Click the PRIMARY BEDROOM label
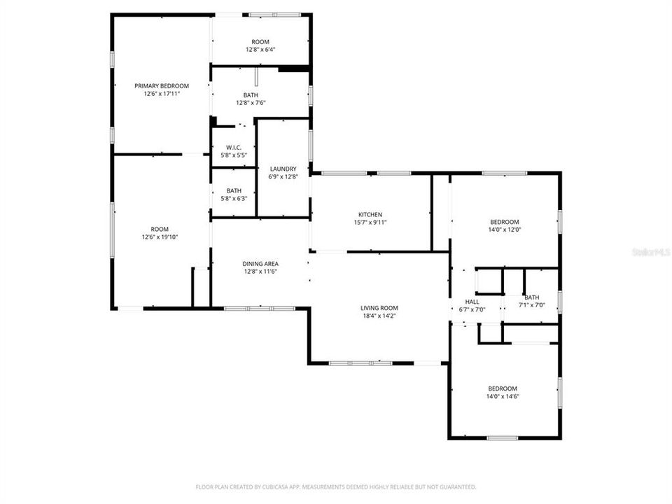(x=162, y=85)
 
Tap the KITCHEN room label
(x=370, y=214)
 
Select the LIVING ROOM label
(x=379, y=308)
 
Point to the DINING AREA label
(x=260, y=263)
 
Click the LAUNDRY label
(x=282, y=169)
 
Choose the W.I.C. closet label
(x=234, y=147)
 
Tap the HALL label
(x=472, y=302)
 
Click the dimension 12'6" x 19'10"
(x=160, y=237)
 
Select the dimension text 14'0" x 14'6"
(x=503, y=396)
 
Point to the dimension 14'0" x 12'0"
(x=505, y=229)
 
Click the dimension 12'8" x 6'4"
(x=260, y=50)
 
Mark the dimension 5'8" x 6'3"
(x=234, y=198)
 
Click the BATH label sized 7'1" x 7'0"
(x=531, y=297)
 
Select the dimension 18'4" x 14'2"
(x=379, y=316)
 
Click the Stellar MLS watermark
(x=650, y=250)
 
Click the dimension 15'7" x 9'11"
(x=370, y=222)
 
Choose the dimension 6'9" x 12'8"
(x=282, y=176)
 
